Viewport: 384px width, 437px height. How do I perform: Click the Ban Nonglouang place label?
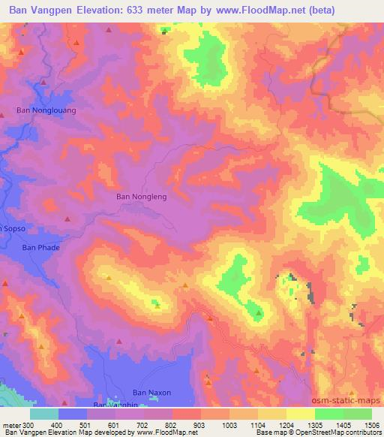pyautogui.click(x=46, y=110)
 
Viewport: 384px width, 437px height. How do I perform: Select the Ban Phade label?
pyautogui.click(x=40, y=246)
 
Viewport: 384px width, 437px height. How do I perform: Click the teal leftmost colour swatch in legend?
pyautogui.click(x=44, y=414)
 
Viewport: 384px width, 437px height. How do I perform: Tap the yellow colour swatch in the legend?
pyautogui.click(x=301, y=414)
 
